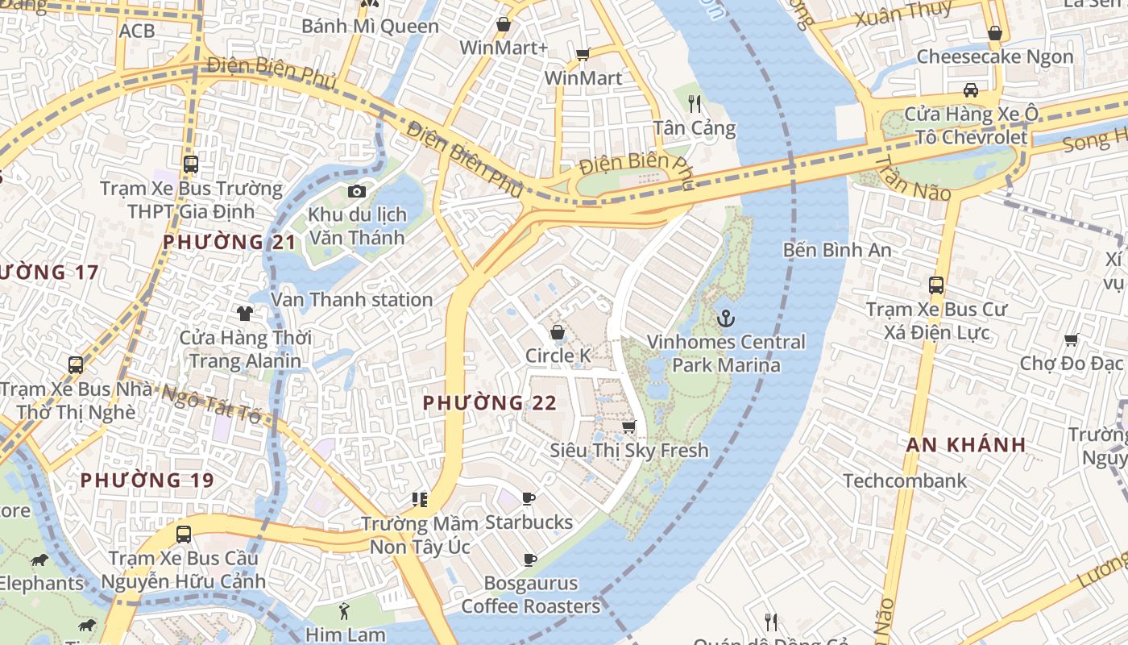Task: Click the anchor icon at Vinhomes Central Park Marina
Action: pyautogui.click(x=726, y=318)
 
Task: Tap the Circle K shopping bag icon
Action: pyautogui.click(x=557, y=332)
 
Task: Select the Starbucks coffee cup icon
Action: pyautogui.click(x=529, y=499)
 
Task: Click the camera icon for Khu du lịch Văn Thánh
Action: pyautogui.click(x=356, y=191)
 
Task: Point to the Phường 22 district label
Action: pyautogui.click(x=490, y=402)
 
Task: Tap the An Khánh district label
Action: pyautogui.click(x=966, y=444)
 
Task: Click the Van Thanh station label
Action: pyautogui.click(x=352, y=300)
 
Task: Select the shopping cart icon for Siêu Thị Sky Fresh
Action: pyautogui.click(x=628, y=427)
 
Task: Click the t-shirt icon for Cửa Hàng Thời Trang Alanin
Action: pyautogui.click(x=245, y=314)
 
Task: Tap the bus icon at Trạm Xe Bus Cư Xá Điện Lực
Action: pyautogui.click(x=935, y=285)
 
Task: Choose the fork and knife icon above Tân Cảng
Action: pyautogui.click(x=695, y=104)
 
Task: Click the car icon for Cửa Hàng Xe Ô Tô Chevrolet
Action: pyautogui.click(x=971, y=90)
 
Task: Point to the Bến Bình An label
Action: pyautogui.click(x=837, y=250)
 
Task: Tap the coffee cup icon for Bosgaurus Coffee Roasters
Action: pyautogui.click(x=530, y=560)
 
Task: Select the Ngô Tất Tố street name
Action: pyautogui.click(x=212, y=404)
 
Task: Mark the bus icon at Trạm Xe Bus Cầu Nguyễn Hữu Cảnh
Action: pyautogui.click(x=184, y=534)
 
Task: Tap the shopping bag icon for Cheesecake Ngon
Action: pyautogui.click(x=995, y=33)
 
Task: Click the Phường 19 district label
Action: pyautogui.click(x=147, y=481)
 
